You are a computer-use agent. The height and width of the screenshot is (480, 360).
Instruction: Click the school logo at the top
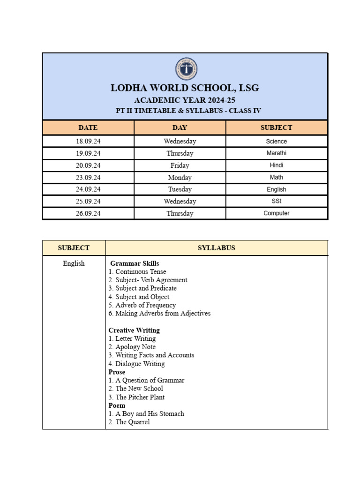pos(186,69)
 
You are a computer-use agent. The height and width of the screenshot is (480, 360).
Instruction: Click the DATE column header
pos(88,127)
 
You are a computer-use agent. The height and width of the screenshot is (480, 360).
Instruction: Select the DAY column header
pos(180,127)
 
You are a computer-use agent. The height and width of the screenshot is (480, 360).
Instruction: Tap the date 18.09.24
pos(88,141)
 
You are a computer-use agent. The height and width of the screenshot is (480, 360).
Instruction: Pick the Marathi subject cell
pos(276,153)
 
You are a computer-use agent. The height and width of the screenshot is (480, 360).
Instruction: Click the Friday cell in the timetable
pos(180,165)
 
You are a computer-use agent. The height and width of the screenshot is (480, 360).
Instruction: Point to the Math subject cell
pos(276,177)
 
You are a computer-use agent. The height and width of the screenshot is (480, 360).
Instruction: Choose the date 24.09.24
pos(88,189)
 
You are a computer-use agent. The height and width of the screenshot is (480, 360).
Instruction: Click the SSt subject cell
pos(276,201)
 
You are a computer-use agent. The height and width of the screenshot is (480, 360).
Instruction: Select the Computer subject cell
pos(276,213)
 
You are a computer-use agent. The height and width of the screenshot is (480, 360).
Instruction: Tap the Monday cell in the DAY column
pos(180,178)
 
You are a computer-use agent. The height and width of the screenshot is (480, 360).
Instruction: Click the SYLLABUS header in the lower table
pos(216,248)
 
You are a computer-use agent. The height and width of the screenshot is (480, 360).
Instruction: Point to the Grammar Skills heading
pos(135,263)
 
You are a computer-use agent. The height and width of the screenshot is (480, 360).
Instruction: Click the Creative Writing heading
pos(134,330)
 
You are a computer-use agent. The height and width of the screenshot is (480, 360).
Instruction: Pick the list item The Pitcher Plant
pos(136,397)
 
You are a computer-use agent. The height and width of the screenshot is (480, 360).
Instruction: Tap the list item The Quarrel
pos(129,422)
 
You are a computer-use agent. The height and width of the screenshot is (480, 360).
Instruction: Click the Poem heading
pos(117,405)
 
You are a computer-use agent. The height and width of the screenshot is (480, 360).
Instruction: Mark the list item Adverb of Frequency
pos(142,305)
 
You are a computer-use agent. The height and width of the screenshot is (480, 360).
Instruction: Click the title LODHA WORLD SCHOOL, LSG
pos(185,88)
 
